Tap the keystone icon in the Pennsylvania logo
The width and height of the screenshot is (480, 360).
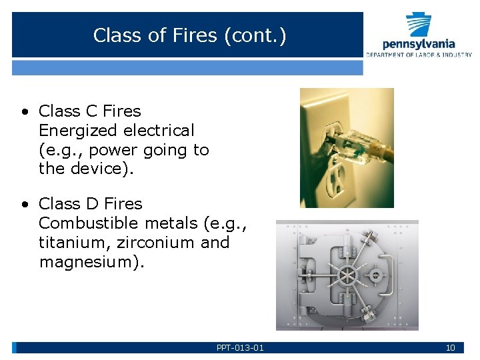[419, 25]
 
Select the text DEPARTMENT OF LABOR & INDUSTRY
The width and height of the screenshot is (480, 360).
[419, 55]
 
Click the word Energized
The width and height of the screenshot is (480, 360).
[70, 131]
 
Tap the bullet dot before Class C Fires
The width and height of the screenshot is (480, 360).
[23, 112]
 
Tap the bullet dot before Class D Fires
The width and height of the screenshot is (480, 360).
[23, 205]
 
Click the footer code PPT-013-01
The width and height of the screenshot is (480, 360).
[240, 347]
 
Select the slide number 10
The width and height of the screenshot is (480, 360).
[450, 347]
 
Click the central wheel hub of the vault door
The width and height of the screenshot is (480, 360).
[347, 275]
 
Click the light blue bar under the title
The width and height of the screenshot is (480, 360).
[187, 67]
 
